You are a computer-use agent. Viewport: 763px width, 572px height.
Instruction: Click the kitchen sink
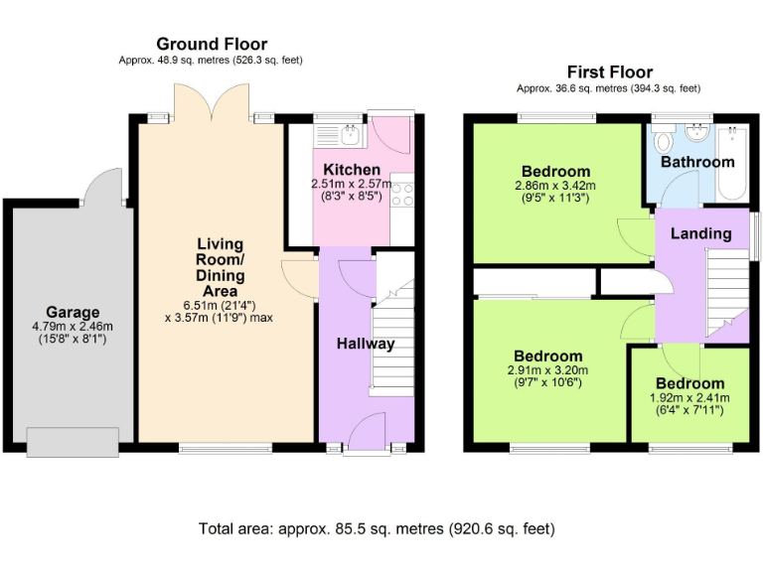(349, 132)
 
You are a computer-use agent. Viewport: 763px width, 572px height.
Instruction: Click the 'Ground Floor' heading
(212, 44)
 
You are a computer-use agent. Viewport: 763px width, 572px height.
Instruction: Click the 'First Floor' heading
(610, 71)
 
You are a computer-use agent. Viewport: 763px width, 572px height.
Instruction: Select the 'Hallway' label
(365, 344)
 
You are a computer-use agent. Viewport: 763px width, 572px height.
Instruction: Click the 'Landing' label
(700, 233)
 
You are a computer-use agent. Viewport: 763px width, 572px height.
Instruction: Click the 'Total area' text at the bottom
(377, 528)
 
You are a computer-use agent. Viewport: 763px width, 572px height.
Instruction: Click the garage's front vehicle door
(74, 441)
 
